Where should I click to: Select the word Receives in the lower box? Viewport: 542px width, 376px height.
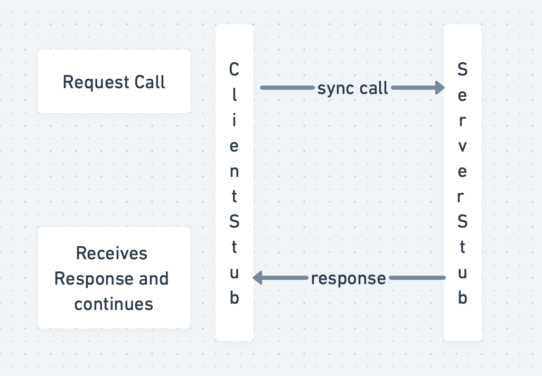(111, 253)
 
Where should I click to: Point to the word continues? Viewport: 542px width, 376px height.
(114, 304)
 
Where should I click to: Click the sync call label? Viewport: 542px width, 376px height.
(352, 88)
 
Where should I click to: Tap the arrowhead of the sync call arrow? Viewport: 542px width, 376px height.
(440, 88)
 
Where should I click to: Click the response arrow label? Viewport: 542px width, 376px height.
(348, 278)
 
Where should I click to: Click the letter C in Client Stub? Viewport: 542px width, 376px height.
(234, 70)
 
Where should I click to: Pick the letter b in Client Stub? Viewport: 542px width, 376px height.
(235, 298)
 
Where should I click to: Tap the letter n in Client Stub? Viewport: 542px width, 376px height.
(234, 172)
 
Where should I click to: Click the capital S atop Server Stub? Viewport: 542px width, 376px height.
(462, 70)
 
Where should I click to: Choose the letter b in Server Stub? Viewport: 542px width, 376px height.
(462, 298)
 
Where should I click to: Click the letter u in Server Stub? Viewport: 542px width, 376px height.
(462, 273)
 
